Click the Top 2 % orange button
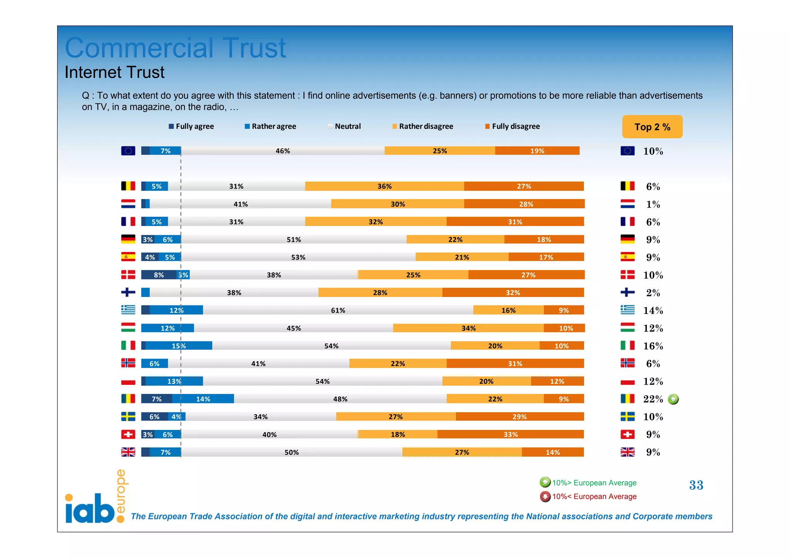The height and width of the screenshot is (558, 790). click(652, 127)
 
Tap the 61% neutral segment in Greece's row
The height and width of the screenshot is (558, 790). click(338, 310)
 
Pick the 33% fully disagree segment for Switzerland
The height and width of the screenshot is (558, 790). click(510, 435)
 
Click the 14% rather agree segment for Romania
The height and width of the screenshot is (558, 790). click(203, 399)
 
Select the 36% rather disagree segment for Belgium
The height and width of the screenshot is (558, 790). click(384, 186)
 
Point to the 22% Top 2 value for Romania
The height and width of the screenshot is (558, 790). click(653, 399)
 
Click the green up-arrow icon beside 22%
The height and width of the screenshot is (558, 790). click(673, 399)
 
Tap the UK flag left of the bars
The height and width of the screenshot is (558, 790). click(128, 452)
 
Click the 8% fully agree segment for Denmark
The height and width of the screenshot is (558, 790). click(159, 275)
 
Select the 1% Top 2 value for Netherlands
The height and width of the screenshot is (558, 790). click(653, 204)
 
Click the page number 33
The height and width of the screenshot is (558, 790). click(696, 485)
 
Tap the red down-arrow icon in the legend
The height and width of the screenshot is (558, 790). click(545, 497)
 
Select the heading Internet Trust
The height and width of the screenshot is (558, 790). click(115, 72)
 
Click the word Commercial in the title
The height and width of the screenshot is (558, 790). click(139, 48)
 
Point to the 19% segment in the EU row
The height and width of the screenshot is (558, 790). click(537, 151)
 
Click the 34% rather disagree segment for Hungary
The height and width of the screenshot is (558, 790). click(468, 328)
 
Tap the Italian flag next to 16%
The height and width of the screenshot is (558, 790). click(627, 346)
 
